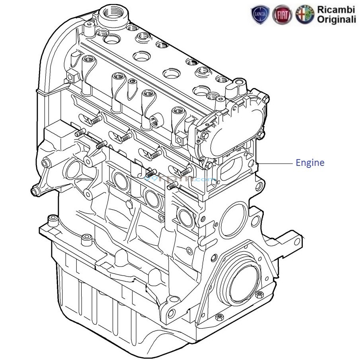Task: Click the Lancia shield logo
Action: (260, 15)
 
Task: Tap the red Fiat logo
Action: (282, 15)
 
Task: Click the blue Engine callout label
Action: (309, 163)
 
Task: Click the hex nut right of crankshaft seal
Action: (259, 295)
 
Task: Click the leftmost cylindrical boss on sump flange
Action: (51, 219)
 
